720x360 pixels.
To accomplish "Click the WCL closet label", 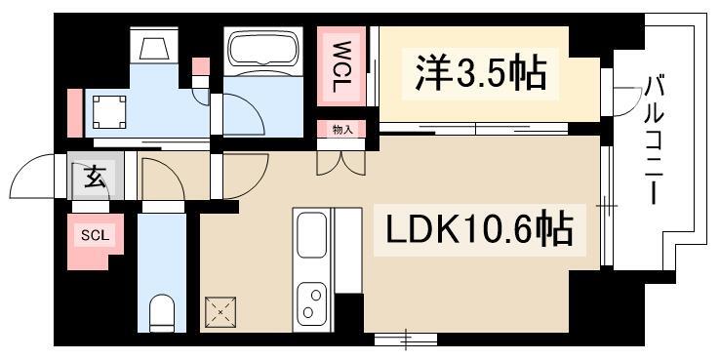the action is [341, 66].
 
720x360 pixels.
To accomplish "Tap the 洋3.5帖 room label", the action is [481, 73].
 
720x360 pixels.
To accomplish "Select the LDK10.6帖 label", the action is [480, 228].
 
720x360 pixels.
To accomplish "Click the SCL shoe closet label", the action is [95, 235].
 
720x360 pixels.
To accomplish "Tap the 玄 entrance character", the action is [95, 177].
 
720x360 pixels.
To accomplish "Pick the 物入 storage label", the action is [342, 131].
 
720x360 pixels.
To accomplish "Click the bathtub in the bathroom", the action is [263, 51].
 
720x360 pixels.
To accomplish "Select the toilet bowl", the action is [162, 312].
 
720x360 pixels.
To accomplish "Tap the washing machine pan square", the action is [109, 112].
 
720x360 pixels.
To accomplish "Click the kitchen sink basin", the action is [312, 235].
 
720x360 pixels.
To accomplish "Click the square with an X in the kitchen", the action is [220, 312].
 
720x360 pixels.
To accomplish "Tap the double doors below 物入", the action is [341, 163].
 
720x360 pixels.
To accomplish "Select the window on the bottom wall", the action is [406, 339].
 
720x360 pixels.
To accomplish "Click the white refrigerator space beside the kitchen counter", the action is [347, 251].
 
